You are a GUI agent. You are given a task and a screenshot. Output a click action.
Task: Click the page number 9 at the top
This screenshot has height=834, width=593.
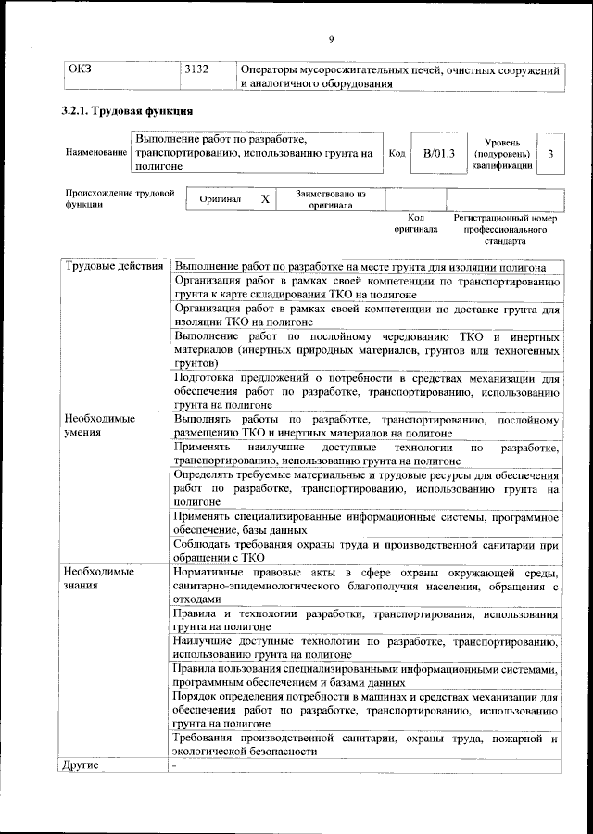[x=330, y=38]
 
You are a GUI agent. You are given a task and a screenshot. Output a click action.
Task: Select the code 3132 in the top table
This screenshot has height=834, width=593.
[x=196, y=69]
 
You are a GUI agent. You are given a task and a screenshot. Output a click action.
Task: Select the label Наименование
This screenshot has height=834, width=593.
[x=95, y=152]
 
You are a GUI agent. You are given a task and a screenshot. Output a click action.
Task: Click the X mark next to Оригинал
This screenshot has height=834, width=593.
[x=265, y=199]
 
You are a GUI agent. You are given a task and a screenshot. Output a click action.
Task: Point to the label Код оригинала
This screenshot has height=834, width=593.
[x=415, y=222]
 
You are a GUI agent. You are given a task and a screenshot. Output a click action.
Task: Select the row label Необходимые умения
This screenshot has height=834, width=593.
[x=99, y=425]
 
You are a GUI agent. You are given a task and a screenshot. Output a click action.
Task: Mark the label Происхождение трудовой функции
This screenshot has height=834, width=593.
[x=119, y=199]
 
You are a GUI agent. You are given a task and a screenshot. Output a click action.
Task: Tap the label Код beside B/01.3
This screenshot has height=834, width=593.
[x=397, y=153]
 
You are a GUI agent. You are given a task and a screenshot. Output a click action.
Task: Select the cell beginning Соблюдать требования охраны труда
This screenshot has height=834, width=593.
[x=366, y=550]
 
